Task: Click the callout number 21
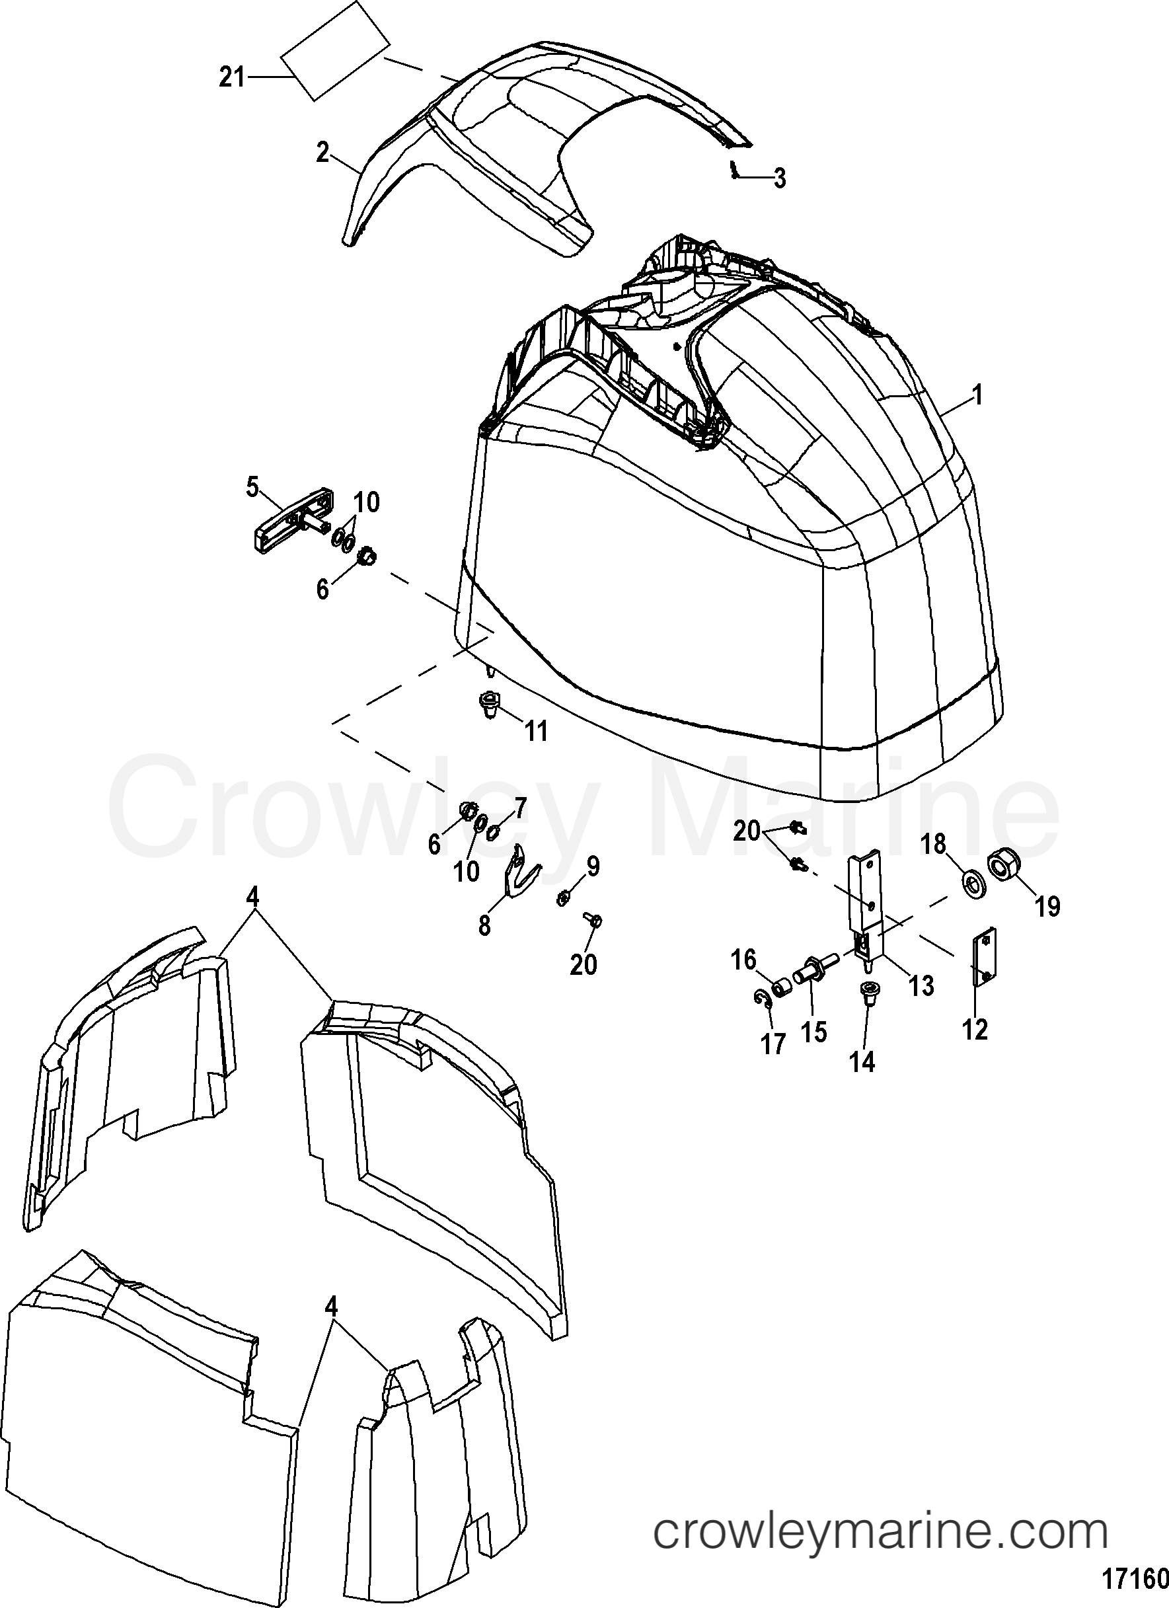pyautogui.click(x=231, y=77)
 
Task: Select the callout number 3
pyautogui.click(x=779, y=178)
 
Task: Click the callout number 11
pyautogui.click(x=536, y=730)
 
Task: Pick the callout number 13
pyautogui.click(x=922, y=985)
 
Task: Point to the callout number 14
pyautogui.click(x=864, y=1061)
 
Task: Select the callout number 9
pyautogui.click(x=592, y=866)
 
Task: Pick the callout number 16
pyautogui.click(x=743, y=961)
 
